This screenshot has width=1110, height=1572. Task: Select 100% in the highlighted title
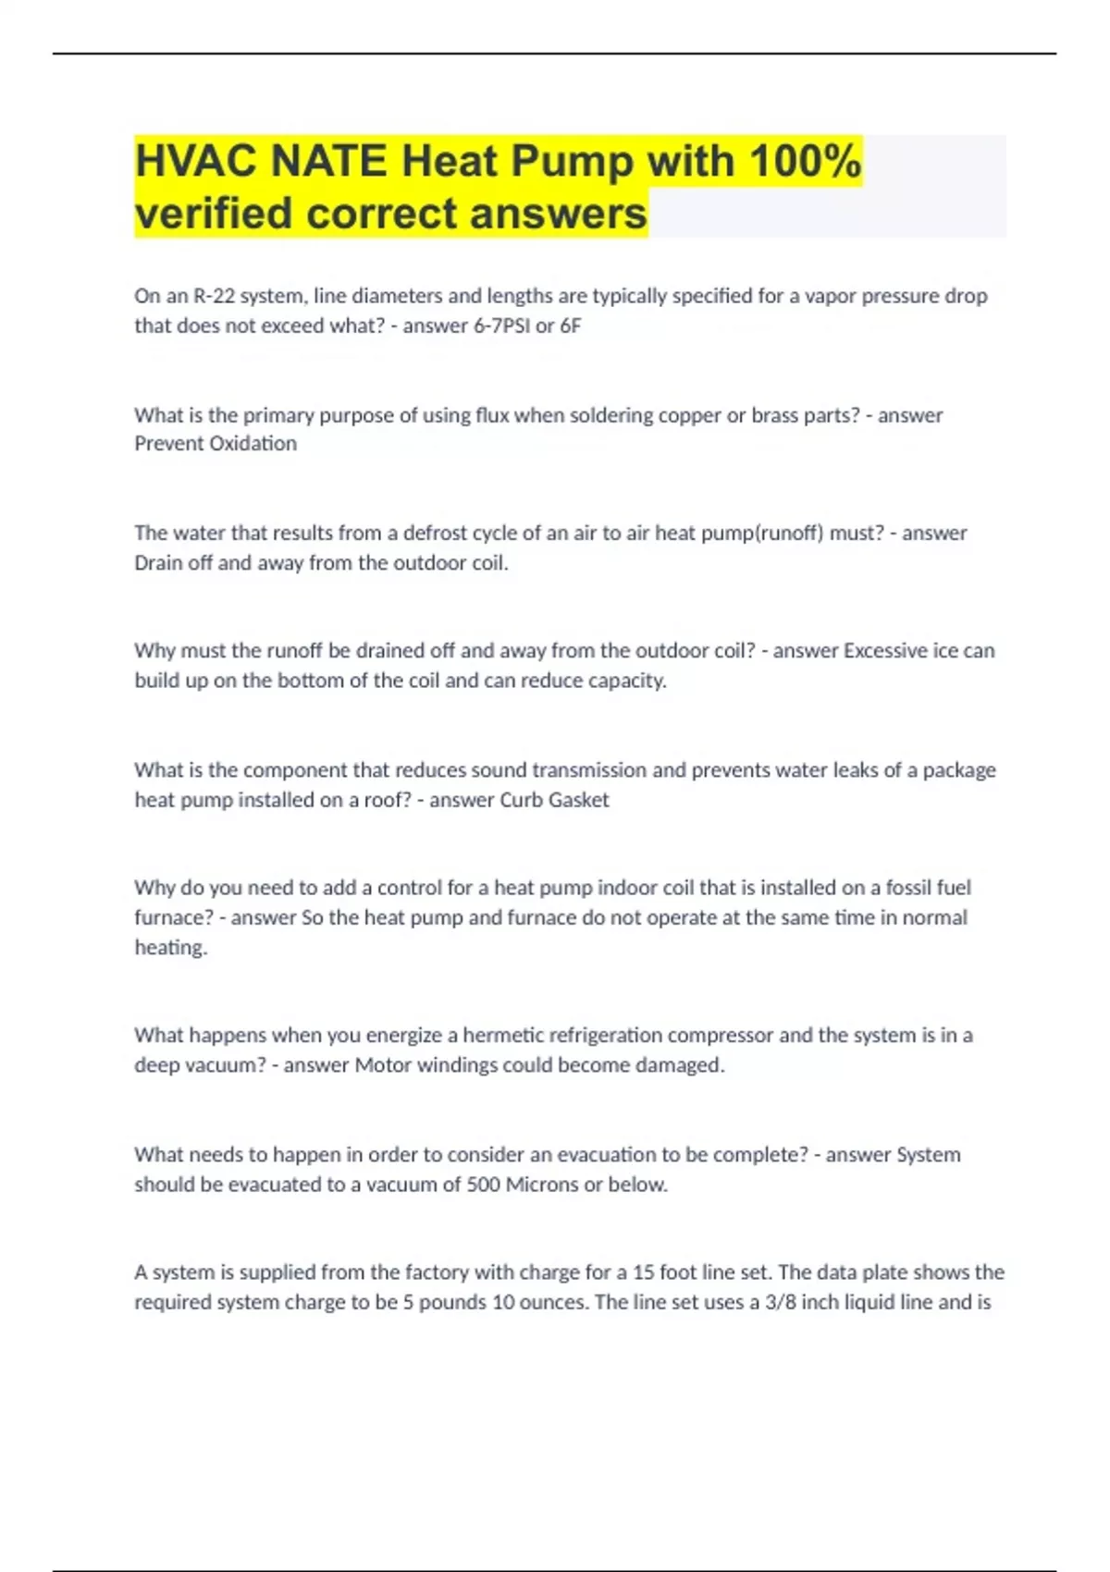(805, 162)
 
